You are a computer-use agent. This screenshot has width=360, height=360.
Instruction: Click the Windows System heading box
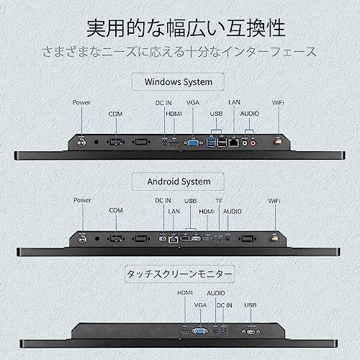178,81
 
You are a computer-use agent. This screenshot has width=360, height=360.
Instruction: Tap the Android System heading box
178,181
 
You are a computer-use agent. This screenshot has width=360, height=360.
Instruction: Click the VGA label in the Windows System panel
192,102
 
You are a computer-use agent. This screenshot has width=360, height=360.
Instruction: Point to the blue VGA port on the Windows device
193,143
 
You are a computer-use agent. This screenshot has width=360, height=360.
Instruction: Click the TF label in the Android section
220,199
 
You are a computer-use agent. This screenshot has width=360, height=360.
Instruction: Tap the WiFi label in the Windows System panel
276,102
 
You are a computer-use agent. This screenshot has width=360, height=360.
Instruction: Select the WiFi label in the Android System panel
274,199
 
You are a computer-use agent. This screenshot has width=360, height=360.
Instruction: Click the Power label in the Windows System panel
81,102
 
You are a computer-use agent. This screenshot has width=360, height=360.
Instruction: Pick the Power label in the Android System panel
82,199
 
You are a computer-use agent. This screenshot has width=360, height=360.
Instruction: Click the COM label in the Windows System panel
115,114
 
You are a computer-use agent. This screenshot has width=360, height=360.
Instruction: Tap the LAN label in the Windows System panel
234,102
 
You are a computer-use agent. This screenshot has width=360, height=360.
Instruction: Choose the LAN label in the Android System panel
173,210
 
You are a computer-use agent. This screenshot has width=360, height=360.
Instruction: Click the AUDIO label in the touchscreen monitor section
216,294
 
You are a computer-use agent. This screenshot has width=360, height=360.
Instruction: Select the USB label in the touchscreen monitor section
250,305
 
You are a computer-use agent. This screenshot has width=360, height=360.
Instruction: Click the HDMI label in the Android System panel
207,210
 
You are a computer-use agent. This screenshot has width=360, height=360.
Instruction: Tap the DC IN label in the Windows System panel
165,102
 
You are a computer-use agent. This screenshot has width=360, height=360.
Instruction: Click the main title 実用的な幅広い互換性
186,28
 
